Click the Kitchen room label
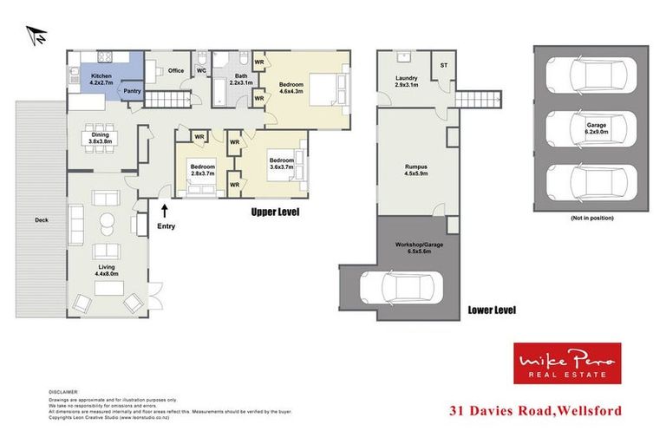click(x=102, y=81)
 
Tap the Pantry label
click(x=132, y=91)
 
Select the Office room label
click(x=177, y=70)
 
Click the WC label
click(x=201, y=70)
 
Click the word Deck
click(x=41, y=220)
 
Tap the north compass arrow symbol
click(x=37, y=37)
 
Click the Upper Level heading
click(x=275, y=211)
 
